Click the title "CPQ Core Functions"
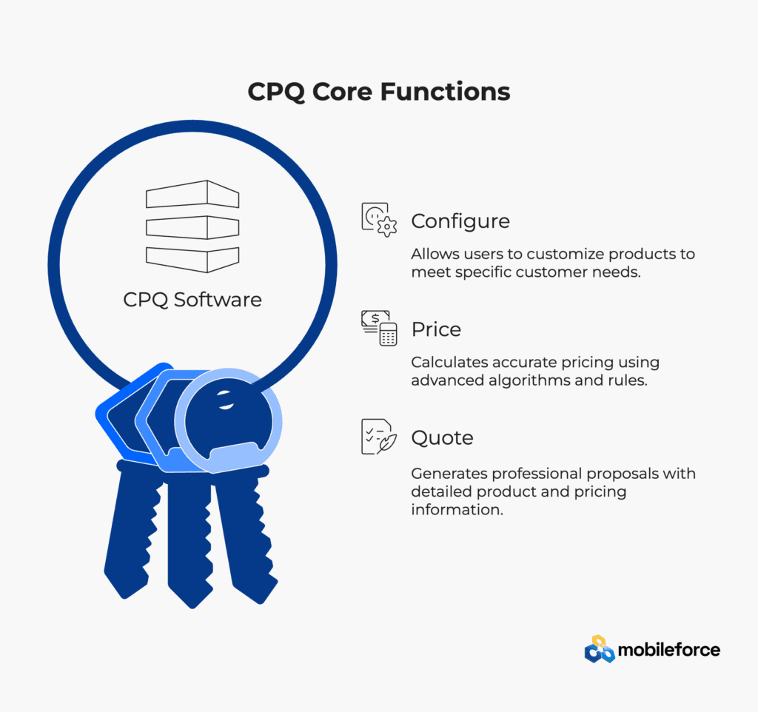click(379, 92)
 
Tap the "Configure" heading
click(460, 221)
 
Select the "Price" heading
click(436, 329)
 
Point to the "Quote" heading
click(443, 438)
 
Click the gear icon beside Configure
click(380, 220)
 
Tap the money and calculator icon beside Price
click(379, 328)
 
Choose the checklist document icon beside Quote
click(379, 437)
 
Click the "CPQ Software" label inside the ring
click(192, 300)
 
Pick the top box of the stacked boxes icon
click(192, 195)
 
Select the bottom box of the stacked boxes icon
click(192, 260)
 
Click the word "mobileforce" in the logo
click(669, 650)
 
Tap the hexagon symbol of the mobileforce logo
click(600, 649)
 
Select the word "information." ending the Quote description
click(457, 509)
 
